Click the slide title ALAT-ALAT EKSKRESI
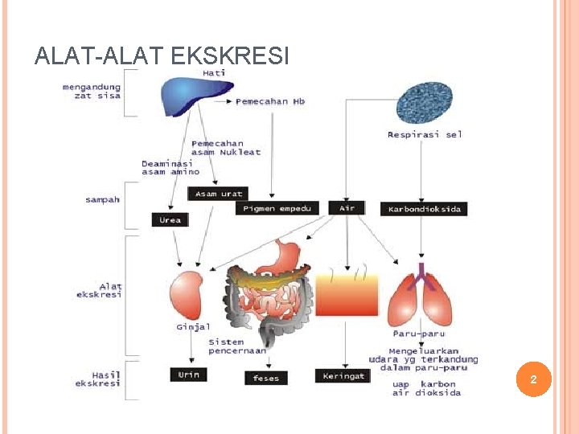[x=162, y=55]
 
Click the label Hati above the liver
[x=214, y=72]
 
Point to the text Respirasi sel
[x=425, y=135]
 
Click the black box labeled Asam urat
[x=217, y=194]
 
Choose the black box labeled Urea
[x=170, y=219]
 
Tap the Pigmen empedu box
[x=277, y=208]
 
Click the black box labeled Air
[x=347, y=208]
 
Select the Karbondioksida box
[x=424, y=209]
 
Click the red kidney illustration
[x=187, y=295]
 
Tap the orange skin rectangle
[x=347, y=294]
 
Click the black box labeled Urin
[x=188, y=375]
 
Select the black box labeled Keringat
[x=343, y=375]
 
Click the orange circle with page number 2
[x=532, y=379]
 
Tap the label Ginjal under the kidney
[x=193, y=327]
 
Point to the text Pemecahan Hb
[x=270, y=102]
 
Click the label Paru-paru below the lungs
[x=418, y=334]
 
